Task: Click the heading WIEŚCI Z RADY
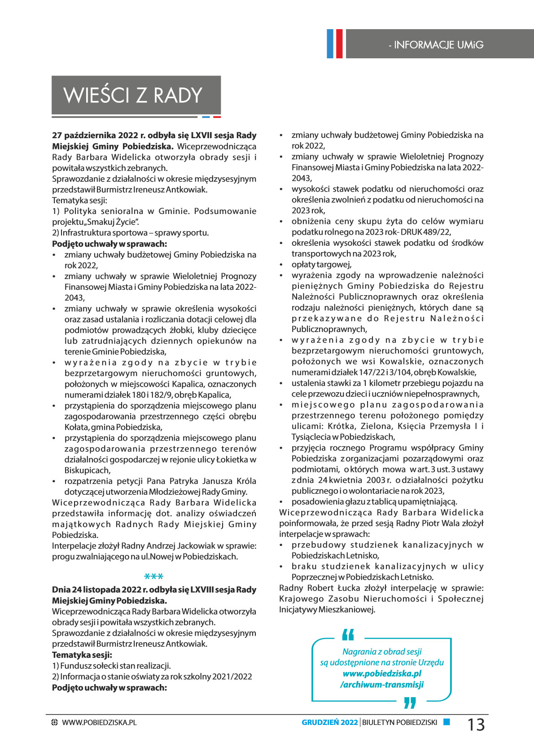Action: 133,95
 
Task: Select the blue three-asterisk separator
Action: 153,576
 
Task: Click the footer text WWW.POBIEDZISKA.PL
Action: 99,723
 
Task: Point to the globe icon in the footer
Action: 55,723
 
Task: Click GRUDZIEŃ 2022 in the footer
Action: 329,722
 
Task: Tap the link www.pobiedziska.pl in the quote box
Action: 382,673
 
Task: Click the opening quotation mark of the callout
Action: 348,635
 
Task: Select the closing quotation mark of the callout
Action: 410,703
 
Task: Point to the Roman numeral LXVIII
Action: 201,590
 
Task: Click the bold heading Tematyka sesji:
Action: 82,655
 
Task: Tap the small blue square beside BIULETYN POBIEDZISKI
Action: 446,722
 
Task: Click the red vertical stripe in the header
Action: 339,44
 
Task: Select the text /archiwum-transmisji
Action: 382,685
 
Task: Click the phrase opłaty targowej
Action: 321,264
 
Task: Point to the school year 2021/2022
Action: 232,676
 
